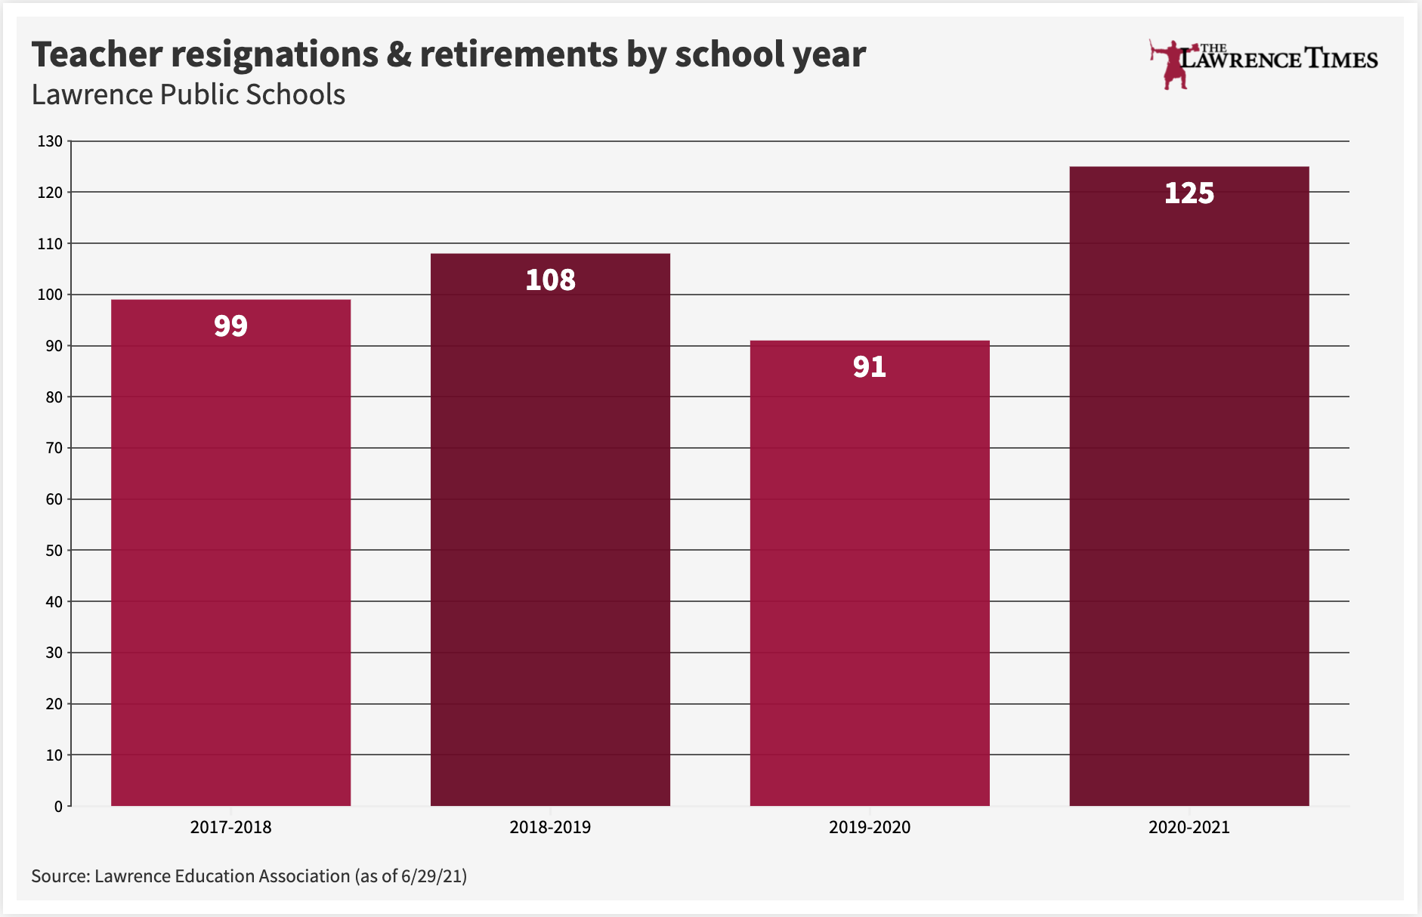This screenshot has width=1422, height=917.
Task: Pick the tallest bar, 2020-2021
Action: [1189, 491]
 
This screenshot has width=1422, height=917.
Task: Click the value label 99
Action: [230, 326]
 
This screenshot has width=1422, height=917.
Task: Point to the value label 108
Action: [550, 280]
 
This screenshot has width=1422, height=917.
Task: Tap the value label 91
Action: [870, 367]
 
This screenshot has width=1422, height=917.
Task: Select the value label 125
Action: [1189, 193]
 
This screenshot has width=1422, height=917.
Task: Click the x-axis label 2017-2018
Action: [230, 827]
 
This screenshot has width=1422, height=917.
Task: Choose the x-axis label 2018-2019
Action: [550, 827]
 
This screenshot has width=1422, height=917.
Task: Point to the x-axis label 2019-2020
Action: [870, 827]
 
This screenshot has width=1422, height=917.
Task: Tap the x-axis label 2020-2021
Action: [1189, 827]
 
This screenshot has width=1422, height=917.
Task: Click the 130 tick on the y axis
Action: [50, 141]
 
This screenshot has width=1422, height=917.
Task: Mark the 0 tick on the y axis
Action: [58, 806]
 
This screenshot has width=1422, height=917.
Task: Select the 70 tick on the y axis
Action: [54, 448]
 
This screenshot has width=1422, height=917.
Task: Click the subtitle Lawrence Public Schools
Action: [188, 95]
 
